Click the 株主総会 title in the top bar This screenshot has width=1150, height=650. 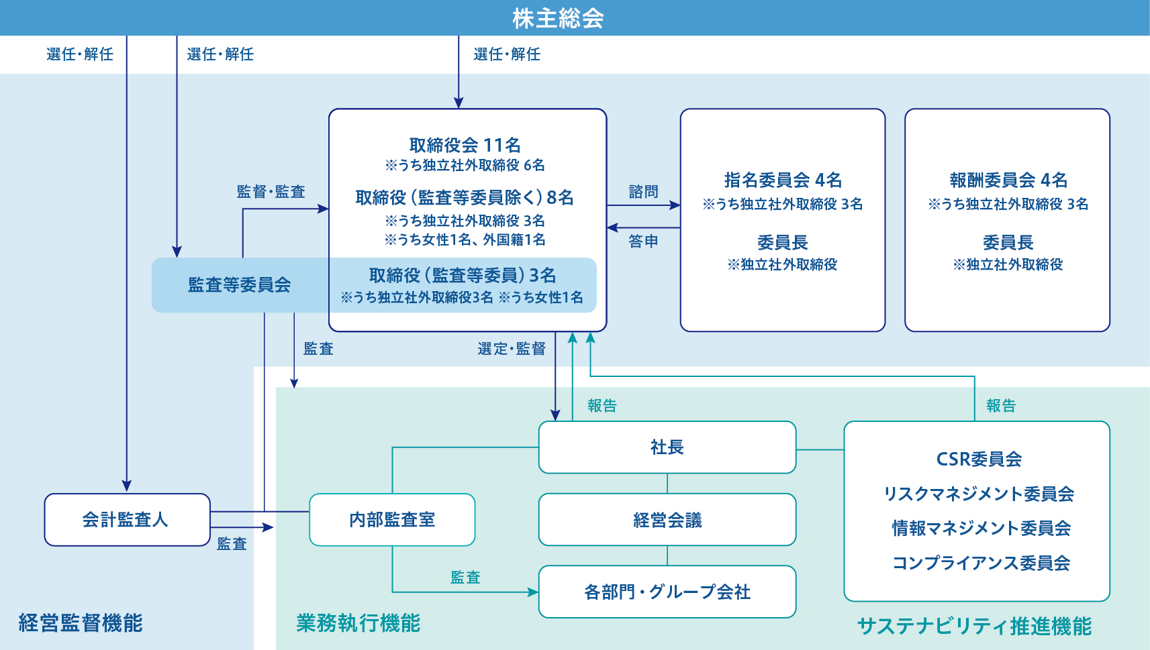coord(558,18)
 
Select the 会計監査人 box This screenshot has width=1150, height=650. coord(127,520)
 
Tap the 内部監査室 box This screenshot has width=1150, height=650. coord(392,520)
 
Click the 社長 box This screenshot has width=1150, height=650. coord(667,447)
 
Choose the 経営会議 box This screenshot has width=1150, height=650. coord(667,520)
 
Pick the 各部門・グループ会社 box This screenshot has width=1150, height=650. coord(667,592)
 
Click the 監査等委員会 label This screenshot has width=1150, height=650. coord(239,285)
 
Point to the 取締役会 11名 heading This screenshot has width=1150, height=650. coord(465,145)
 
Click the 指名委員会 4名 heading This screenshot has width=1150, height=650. coord(783,180)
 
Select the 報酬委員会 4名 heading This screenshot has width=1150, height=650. coord(1008,180)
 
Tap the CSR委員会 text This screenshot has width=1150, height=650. coord(979,459)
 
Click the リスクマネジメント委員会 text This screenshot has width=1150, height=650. coord(979,494)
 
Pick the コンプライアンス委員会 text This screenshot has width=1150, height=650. coord(981,563)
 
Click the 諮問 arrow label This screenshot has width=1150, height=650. coord(643,192)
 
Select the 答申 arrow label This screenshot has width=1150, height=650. coord(643,241)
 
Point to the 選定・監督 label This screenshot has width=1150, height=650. coord(512,349)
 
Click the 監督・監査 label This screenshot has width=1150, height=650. coord(271,192)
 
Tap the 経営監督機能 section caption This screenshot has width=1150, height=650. coord(81,623)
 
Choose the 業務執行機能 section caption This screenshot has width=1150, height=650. coord(358,623)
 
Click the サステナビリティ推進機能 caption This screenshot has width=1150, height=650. coord(974,627)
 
